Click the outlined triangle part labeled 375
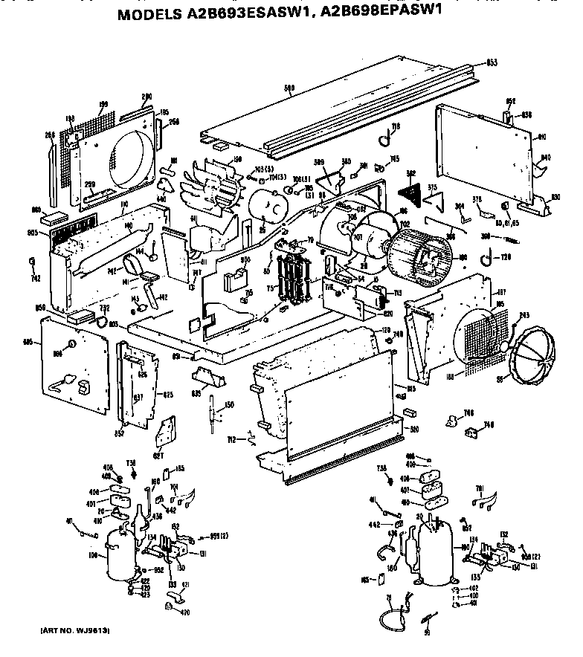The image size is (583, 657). [439, 198]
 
